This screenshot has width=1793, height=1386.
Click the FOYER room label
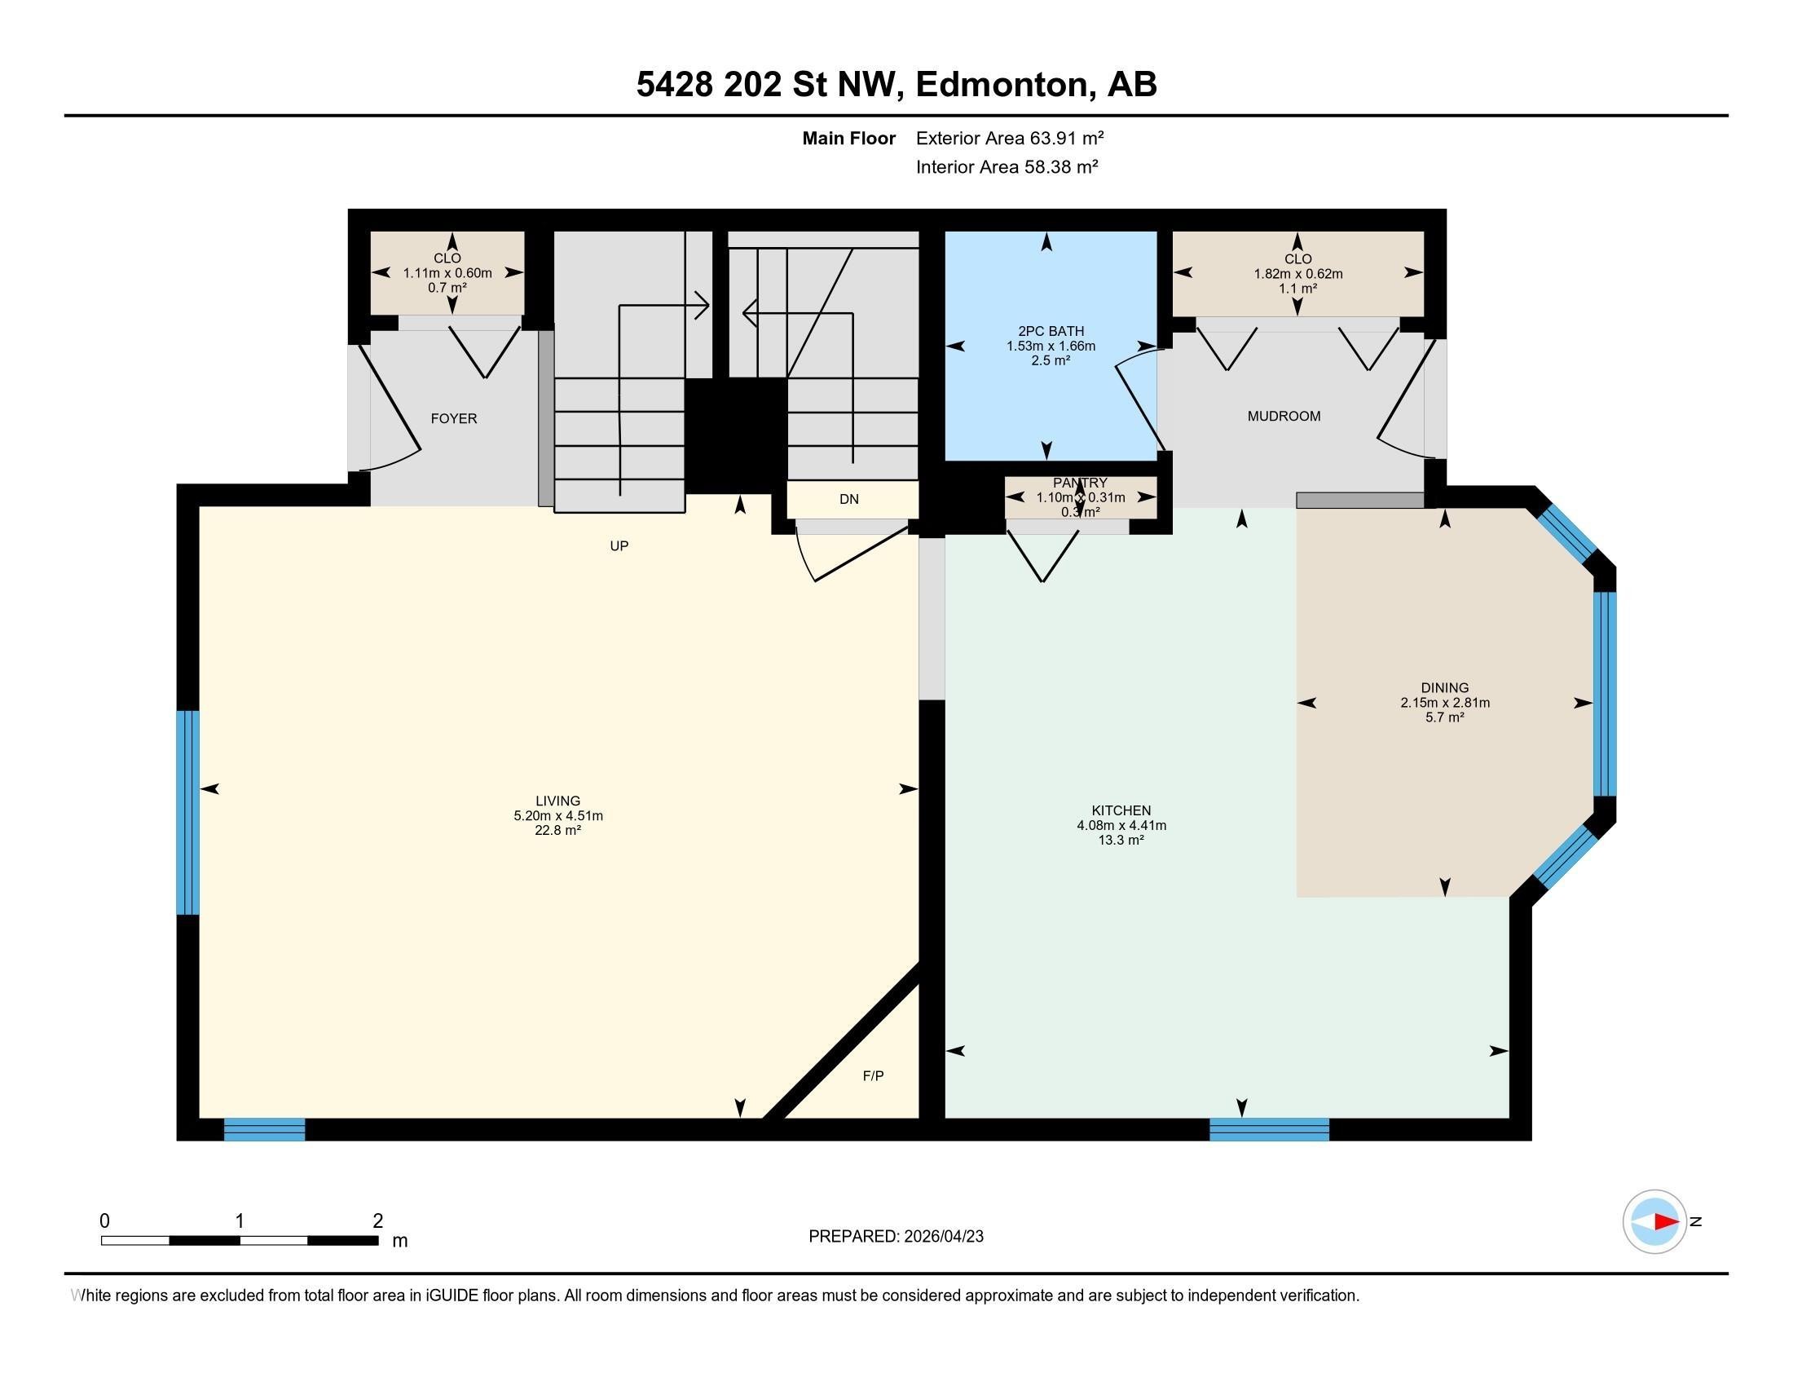click(x=453, y=419)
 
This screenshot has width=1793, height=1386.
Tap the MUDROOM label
click(x=1283, y=417)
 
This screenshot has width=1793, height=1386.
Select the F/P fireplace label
click(x=873, y=1075)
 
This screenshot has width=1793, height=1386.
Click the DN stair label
click(x=848, y=499)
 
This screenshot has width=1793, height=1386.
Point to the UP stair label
click(x=619, y=546)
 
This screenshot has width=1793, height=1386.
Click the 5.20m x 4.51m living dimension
click(x=557, y=815)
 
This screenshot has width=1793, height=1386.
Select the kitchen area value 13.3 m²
click(x=1121, y=840)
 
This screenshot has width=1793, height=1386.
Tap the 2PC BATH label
click(x=1050, y=331)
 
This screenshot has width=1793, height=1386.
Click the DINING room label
click(x=1444, y=688)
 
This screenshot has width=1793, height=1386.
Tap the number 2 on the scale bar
click(x=377, y=1221)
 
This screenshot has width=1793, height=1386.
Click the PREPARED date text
click(x=895, y=1237)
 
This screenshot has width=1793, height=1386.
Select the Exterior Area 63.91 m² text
click(x=1009, y=138)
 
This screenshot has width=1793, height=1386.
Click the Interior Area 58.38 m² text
click(x=1007, y=167)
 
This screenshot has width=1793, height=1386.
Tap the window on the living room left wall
click(x=188, y=812)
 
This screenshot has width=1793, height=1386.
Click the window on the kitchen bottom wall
click(x=1268, y=1129)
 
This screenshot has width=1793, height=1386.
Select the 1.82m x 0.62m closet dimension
click(x=1297, y=274)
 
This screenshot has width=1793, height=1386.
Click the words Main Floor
click(x=848, y=138)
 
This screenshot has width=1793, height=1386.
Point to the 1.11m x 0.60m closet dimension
click(x=447, y=273)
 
